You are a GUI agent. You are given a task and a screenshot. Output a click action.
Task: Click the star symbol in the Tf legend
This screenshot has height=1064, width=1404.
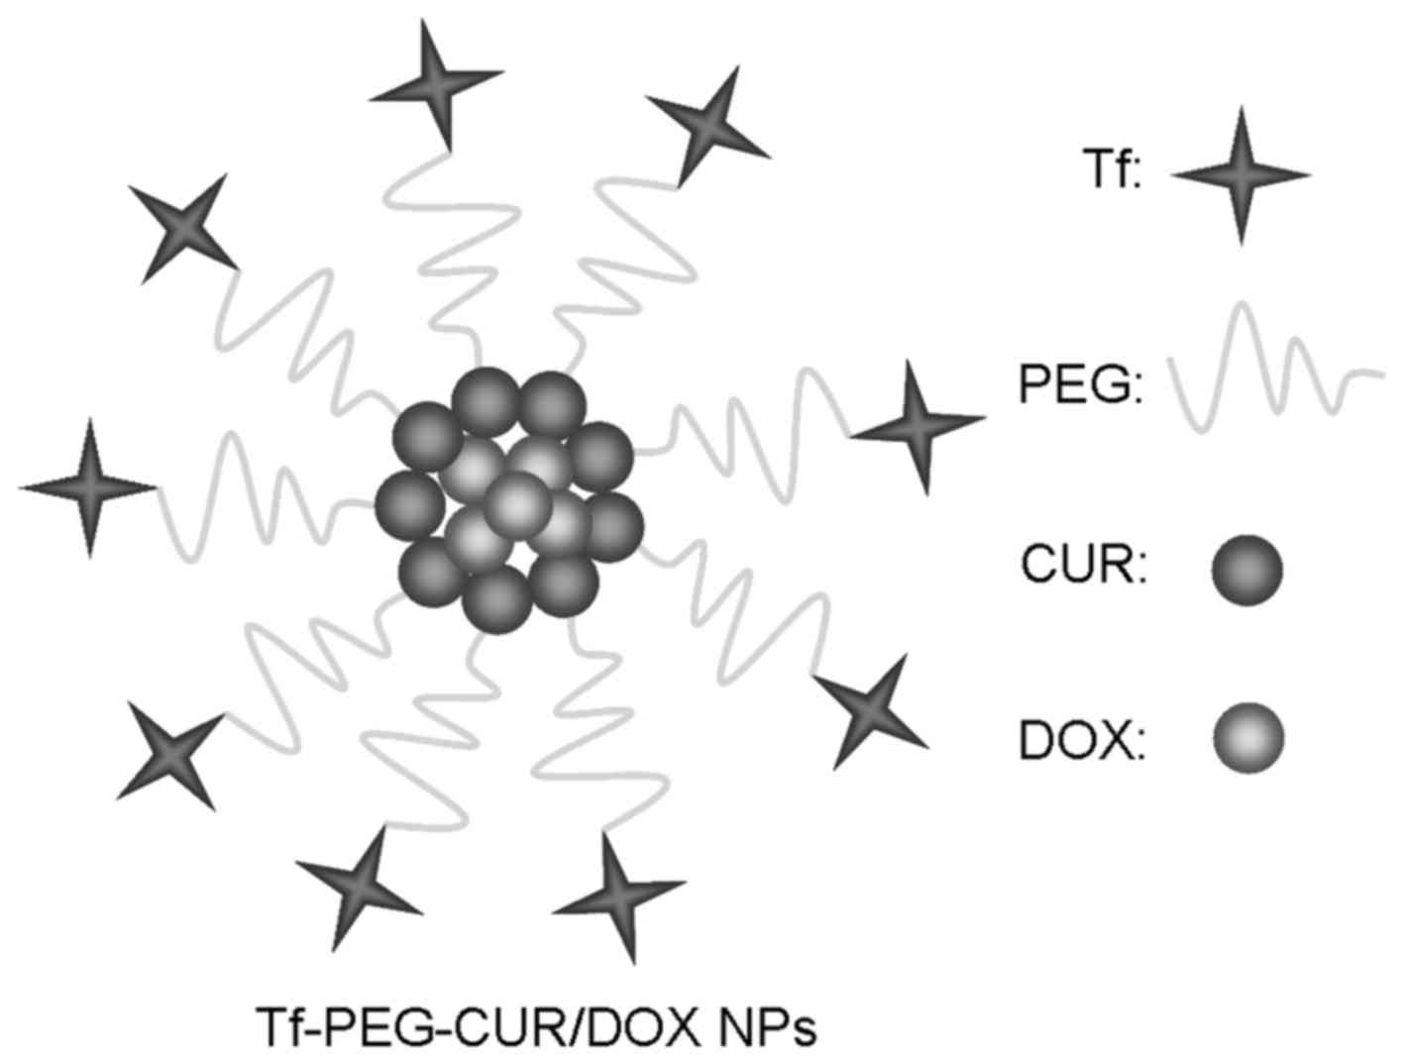coord(1241,175)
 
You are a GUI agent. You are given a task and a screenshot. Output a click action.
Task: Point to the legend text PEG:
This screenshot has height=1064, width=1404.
coord(1081,387)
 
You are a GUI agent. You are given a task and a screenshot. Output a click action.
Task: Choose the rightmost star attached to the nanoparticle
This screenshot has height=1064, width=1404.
coord(918,426)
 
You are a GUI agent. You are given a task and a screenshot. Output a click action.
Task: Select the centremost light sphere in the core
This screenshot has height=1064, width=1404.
coord(518,503)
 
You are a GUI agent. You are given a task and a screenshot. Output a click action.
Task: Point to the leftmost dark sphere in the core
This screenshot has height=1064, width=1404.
coord(409,502)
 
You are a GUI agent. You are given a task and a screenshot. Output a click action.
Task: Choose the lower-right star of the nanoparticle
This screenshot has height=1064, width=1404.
coord(870,711)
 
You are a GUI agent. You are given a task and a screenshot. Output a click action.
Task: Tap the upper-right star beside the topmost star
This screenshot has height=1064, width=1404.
coord(706,124)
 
